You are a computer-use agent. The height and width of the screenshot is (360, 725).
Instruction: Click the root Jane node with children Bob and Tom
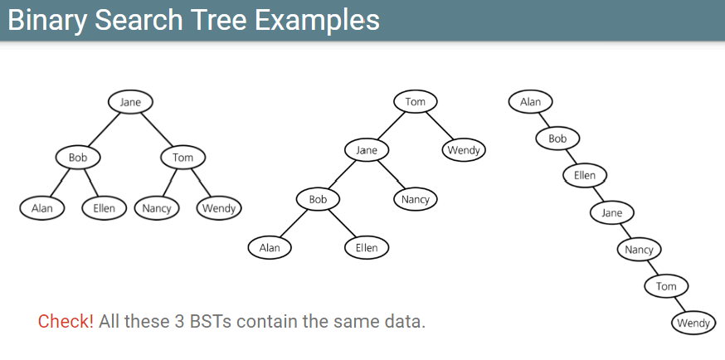click(130, 102)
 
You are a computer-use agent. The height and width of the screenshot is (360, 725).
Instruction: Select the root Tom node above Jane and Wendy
click(415, 102)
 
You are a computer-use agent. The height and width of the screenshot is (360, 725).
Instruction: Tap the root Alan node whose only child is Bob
click(530, 102)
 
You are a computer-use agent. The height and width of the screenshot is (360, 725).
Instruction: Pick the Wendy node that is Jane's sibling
click(465, 150)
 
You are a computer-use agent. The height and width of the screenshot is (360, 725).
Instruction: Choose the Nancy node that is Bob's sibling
click(415, 199)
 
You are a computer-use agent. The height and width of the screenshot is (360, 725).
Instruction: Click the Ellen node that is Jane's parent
click(584, 175)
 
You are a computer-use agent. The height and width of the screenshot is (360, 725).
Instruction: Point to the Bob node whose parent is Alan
click(557, 139)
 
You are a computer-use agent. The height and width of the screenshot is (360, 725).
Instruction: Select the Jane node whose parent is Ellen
click(611, 212)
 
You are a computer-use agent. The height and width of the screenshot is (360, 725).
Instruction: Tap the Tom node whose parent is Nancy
click(666, 286)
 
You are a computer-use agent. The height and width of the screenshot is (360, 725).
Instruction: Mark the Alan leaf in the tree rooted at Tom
click(270, 247)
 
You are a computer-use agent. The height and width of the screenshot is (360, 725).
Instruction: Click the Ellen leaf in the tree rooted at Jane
click(104, 207)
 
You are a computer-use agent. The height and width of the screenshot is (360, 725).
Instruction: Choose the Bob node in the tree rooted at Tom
click(318, 199)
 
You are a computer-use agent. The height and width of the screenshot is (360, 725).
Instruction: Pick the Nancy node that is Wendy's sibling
click(156, 207)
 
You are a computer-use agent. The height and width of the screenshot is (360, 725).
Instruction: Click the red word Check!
click(66, 321)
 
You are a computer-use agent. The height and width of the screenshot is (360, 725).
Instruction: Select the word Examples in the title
click(323, 19)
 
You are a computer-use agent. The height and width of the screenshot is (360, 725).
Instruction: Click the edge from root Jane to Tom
click(158, 129)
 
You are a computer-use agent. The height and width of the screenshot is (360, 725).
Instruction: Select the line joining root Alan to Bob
click(543, 120)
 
